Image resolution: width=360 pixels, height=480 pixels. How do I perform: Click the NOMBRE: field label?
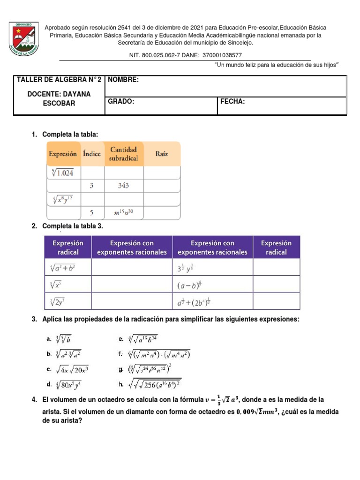(x=123, y=80)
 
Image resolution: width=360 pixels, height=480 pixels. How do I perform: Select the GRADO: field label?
(x=121, y=102)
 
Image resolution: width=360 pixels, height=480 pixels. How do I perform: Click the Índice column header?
(x=92, y=154)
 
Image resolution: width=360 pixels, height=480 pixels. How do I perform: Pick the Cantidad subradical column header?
(x=124, y=154)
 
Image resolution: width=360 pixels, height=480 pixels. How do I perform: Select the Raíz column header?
(x=162, y=154)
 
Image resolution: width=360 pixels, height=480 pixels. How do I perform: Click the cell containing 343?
(x=123, y=186)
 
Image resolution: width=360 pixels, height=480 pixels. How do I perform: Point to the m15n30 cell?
(x=123, y=213)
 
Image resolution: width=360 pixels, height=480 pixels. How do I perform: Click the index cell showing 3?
(x=92, y=186)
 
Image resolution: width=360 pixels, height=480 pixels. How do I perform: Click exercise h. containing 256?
(x=150, y=384)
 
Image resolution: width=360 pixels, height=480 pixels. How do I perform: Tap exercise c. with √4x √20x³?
(x=68, y=369)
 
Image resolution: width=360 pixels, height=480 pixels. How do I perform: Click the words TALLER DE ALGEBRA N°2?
(x=59, y=80)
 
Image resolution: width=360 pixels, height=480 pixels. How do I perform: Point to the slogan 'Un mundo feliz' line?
(x=276, y=65)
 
